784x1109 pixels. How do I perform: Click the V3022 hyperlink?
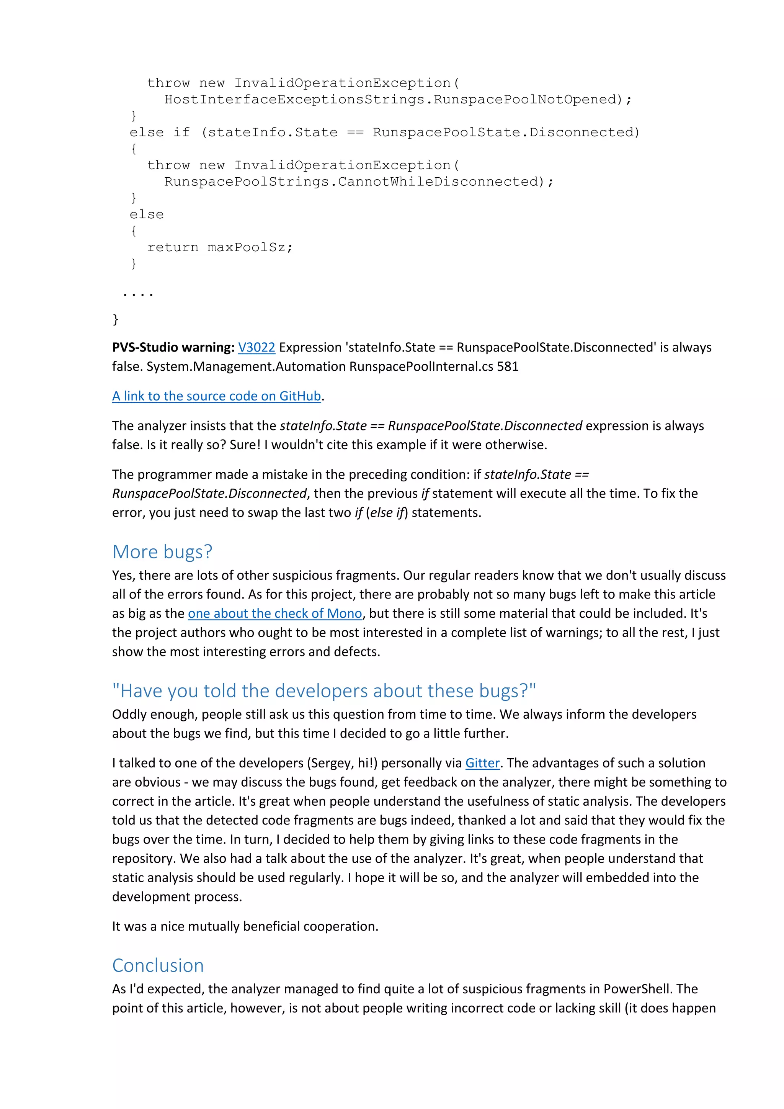point(256,347)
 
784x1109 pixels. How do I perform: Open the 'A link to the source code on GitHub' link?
point(217,396)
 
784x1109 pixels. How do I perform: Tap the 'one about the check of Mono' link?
point(275,613)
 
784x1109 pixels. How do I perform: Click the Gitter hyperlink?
point(482,763)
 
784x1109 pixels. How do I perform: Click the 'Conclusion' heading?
point(158,965)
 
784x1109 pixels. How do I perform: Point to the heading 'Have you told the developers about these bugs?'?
point(324,691)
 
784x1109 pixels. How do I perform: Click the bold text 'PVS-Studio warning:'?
point(173,347)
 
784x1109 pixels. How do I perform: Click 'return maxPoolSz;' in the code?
point(220,247)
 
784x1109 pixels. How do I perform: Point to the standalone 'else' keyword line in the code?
point(147,214)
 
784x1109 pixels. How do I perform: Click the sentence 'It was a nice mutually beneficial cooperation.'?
point(245,926)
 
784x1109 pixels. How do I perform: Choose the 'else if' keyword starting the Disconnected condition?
point(160,132)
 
